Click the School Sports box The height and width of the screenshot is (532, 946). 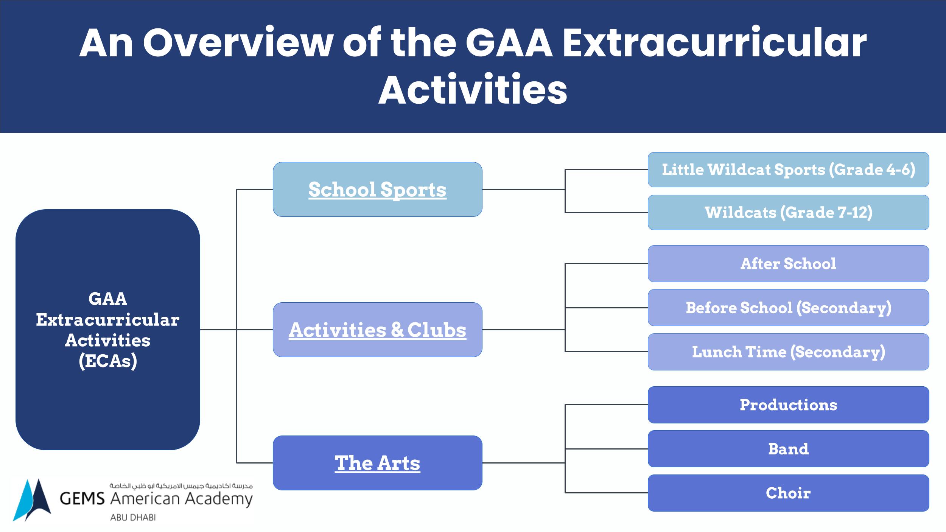coord(377,189)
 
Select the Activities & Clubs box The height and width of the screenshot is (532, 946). coord(377,330)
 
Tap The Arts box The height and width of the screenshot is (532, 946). coord(377,463)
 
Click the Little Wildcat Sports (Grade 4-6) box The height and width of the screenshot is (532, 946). coord(788,170)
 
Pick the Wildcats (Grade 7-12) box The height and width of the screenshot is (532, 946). coord(788,212)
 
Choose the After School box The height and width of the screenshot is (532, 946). coord(788,264)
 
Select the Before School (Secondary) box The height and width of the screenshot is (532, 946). coord(788,308)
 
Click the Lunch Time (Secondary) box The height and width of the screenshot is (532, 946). coord(788,352)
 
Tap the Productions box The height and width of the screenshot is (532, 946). coord(788,405)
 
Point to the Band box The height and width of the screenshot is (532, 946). coord(788,449)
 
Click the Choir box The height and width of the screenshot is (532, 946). coord(788,493)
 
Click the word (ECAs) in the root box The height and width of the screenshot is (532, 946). coord(108,361)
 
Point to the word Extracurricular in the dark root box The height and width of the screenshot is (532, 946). coord(108,320)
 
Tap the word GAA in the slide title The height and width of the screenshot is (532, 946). coord(509,43)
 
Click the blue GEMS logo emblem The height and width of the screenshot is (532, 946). coord(32,500)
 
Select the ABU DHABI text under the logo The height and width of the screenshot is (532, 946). coord(133,517)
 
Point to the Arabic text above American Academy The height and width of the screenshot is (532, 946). coord(181,485)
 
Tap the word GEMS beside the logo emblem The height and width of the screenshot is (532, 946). coord(82,499)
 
